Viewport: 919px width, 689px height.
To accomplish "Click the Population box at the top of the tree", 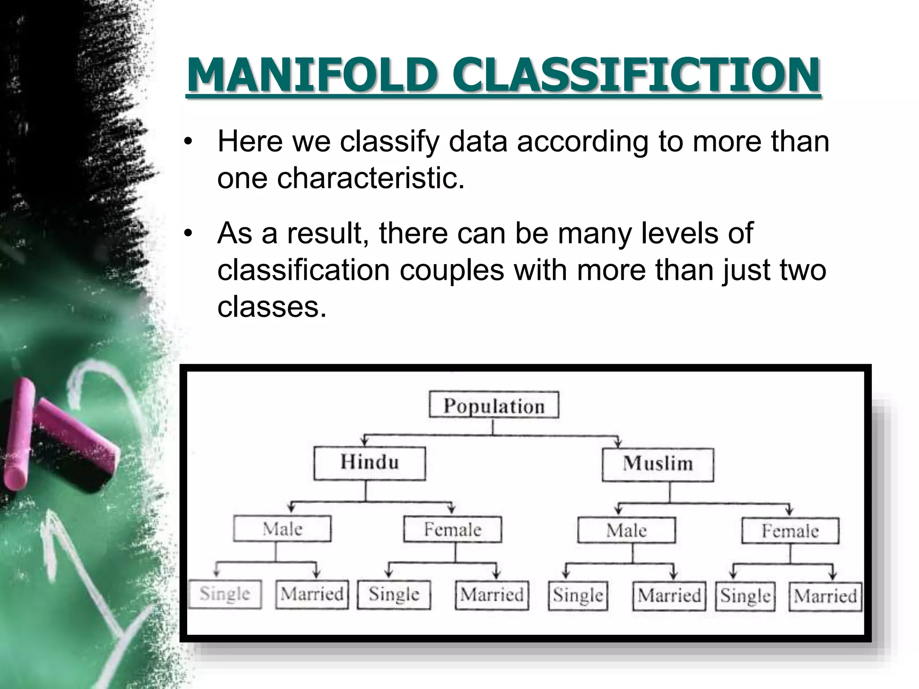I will [494, 405].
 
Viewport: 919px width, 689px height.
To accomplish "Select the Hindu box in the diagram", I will [369, 462].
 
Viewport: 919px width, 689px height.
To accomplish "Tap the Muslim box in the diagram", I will [657, 463].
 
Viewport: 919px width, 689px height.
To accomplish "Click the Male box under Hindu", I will [282, 529].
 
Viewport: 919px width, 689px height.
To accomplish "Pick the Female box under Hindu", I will [452, 530].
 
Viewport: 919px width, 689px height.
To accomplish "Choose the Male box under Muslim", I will [626, 531].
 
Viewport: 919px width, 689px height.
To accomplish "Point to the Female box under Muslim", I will [790, 532].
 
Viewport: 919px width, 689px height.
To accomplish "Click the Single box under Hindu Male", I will [225, 594].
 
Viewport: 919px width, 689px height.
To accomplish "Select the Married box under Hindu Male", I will [312, 594].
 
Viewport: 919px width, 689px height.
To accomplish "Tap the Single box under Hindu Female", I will [394, 595].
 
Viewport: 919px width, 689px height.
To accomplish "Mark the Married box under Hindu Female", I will [492, 595].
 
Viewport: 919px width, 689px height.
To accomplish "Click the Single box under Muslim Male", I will [578, 596].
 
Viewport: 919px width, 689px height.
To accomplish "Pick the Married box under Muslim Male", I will [669, 596].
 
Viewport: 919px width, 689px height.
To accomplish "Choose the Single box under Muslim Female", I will [745, 597].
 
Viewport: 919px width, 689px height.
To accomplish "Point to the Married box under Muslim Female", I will [825, 597].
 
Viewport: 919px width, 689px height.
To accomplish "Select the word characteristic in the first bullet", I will [371, 178].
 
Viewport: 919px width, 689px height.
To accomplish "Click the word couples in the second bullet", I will [451, 270].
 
